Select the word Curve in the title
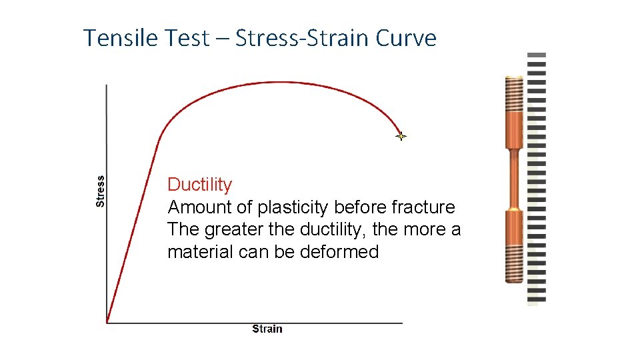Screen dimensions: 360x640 405,38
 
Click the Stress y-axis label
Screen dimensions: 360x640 101,191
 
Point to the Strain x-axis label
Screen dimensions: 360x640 267,329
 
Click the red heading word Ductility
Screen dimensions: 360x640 199,185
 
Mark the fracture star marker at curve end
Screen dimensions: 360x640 401,137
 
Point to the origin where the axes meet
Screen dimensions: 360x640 107,323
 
